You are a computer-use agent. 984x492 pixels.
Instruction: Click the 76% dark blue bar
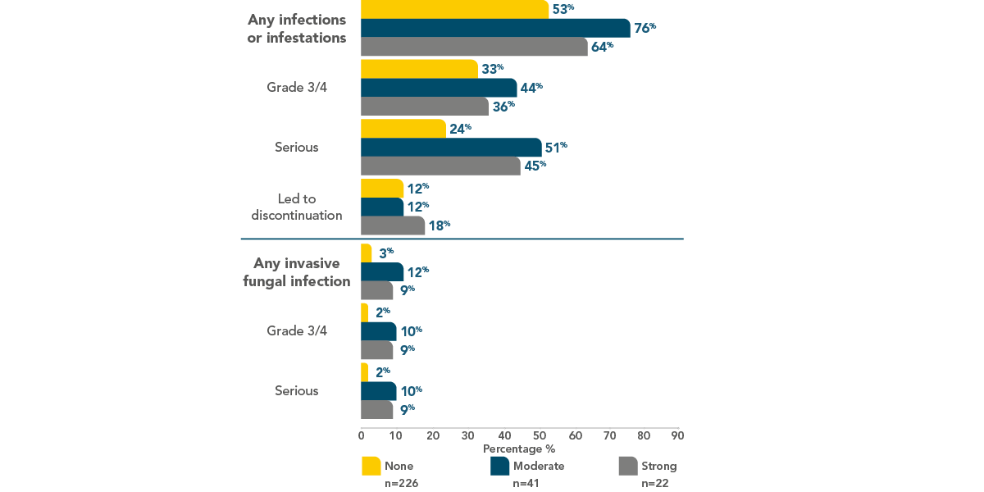[495, 28]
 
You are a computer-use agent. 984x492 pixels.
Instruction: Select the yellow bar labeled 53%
[454, 9]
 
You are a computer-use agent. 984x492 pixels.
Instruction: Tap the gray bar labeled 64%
[474, 47]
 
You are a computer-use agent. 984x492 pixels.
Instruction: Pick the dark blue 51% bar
[451, 148]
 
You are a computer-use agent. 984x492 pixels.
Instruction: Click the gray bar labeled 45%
[440, 166]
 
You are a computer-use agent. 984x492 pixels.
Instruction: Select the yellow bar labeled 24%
[403, 129]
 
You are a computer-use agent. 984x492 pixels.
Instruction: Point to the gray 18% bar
[393, 225]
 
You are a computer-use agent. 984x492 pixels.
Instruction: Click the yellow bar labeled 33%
[419, 69]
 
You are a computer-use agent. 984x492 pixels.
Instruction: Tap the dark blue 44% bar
[439, 88]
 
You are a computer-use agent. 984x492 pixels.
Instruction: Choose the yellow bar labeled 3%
[366, 253]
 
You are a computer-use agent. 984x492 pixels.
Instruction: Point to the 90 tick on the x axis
[677, 435]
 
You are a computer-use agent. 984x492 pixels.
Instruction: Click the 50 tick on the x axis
[538, 435]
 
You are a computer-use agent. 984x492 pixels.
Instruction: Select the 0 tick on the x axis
[362, 435]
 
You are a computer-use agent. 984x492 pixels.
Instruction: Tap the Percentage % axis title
[518, 449]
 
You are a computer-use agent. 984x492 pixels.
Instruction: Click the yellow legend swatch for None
[371, 466]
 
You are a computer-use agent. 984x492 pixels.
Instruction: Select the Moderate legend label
[539, 466]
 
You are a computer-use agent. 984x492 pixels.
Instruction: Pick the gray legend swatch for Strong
[626, 466]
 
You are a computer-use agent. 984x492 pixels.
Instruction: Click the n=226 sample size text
[402, 483]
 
